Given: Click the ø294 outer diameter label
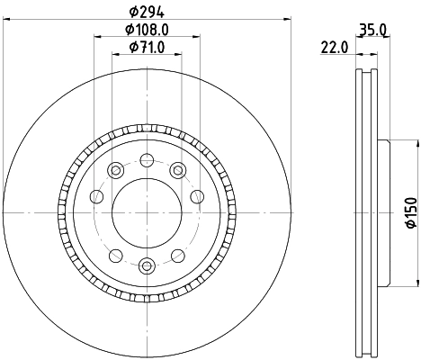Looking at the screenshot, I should pyautogui.click(x=146, y=11).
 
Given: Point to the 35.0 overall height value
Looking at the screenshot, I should pyautogui.click(x=372, y=30).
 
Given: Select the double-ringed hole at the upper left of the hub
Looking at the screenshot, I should pyautogui.click(x=115, y=170).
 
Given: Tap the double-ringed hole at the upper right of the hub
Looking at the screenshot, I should pyautogui.click(x=178, y=170).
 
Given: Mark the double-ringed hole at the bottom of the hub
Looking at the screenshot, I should pyautogui.click(x=147, y=265).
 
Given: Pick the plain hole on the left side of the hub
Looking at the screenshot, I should pyautogui.click(x=96, y=195).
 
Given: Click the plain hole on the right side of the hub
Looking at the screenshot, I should pyautogui.click(x=197, y=195).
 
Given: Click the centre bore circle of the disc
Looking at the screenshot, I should pyautogui.click(x=147, y=212).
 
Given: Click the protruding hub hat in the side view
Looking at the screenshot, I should pyautogui.click(x=383, y=212).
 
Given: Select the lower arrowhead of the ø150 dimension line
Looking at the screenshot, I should pyautogui.click(x=393, y=283).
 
